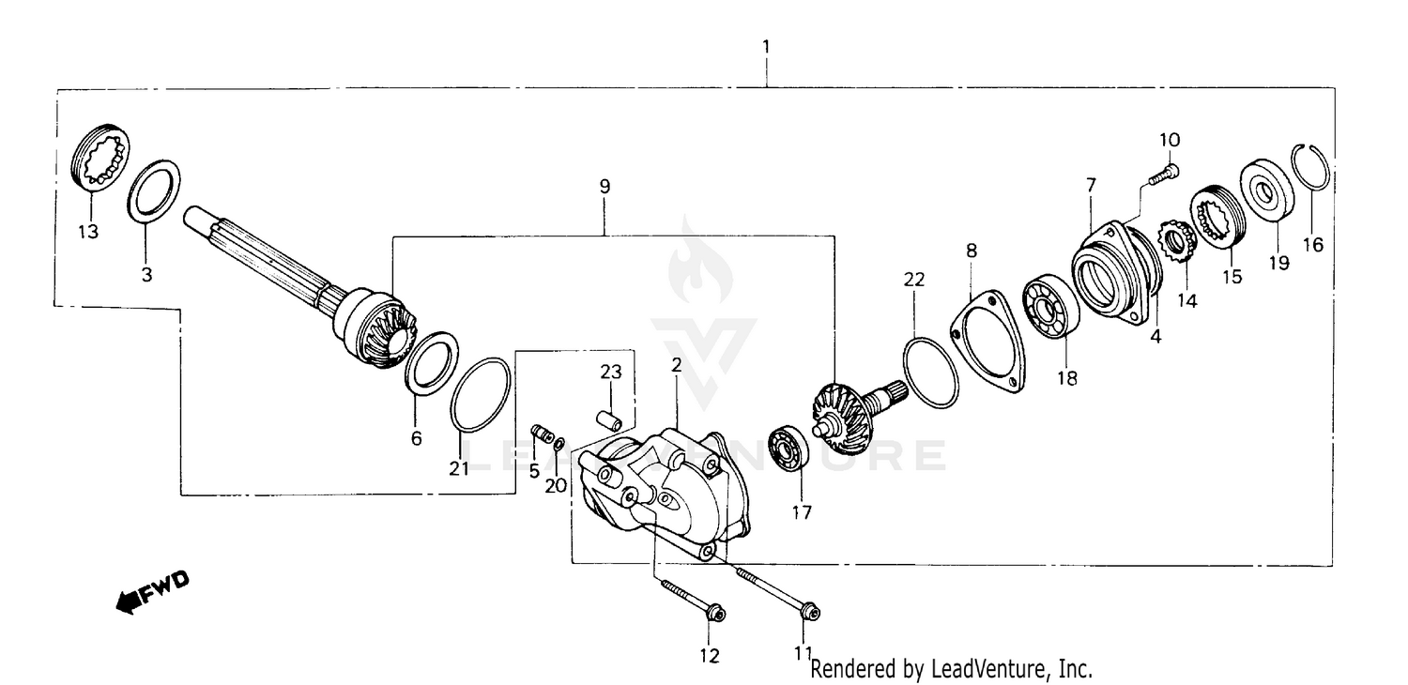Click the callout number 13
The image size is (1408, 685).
87,232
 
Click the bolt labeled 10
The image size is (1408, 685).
1164,173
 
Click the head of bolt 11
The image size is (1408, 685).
809,613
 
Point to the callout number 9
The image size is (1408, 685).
605,186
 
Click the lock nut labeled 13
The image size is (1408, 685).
101,160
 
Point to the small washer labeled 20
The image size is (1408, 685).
559,444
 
